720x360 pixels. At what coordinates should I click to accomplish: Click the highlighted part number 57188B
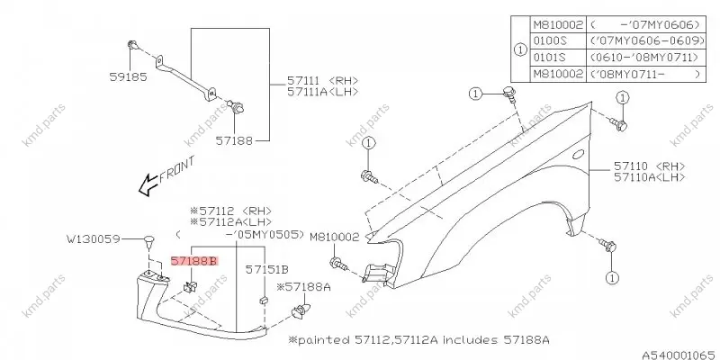click(x=193, y=262)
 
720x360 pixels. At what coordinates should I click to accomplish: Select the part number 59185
click(x=128, y=76)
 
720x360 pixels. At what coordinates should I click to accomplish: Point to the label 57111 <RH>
click(x=322, y=80)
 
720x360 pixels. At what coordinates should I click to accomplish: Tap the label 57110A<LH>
click(x=649, y=176)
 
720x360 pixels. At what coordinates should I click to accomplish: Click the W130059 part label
click(x=94, y=238)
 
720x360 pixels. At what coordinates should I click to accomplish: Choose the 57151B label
click(x=266, y=268)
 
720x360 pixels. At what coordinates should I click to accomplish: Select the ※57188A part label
click(x=303, y=287)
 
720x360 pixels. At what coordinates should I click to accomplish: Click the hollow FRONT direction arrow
click(x=148, y=185)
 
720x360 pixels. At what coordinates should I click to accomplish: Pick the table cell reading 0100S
click(x=550, y=41)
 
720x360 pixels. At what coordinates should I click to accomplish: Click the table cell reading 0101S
click(x=550, y=58)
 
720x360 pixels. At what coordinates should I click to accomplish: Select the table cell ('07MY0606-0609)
click(x=647, y=41)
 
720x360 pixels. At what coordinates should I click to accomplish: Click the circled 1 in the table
click(x=520, y=49)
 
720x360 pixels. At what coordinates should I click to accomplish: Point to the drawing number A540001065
click(x=680, y=355)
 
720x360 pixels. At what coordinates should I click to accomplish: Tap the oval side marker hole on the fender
click(x=578, y=154)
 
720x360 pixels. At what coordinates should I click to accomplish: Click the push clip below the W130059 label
click(x=148, y=241)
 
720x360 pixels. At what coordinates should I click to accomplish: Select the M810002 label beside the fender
click(x=334, y=238)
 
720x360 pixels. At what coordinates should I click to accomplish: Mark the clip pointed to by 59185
click(x=131, y=45)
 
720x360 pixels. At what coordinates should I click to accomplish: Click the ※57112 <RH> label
click(x=231, y=211)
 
